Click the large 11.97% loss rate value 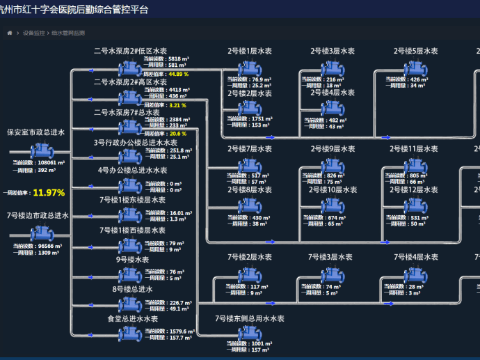click(x=49, y=193)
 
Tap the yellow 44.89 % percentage click(x=178, y=73)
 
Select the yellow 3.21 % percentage click(x=177, y=105)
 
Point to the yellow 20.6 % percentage click(x=177, y=134)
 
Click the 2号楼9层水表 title click(x=333, y=149)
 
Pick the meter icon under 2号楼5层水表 click(x=416, y=69)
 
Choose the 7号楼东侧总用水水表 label click(x=250, y=318)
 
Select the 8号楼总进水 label click(x=132, y=289)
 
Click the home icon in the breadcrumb click(x=9, y=33)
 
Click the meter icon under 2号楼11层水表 click(x=415, y=165)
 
